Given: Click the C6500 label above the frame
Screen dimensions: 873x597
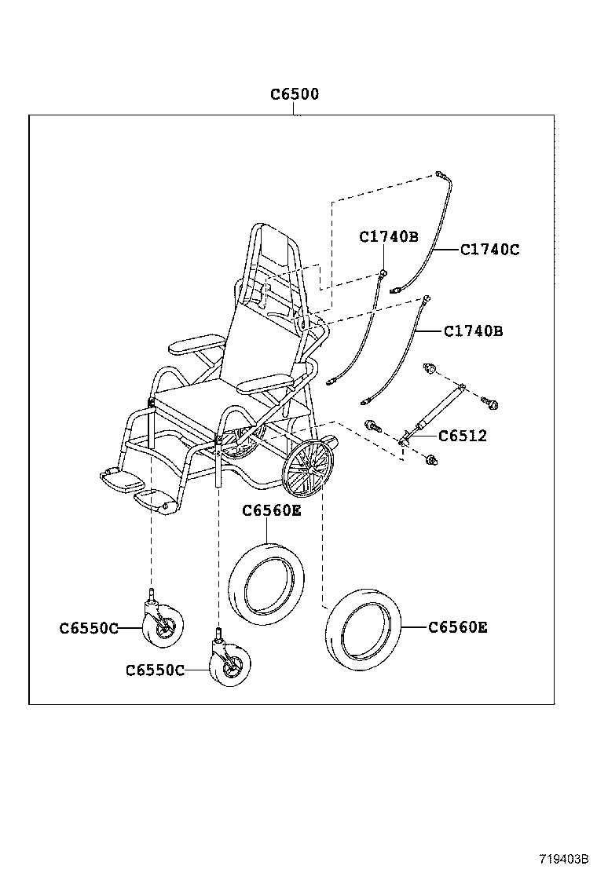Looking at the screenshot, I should (295, 94).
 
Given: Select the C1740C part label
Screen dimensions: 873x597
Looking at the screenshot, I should (489, 250).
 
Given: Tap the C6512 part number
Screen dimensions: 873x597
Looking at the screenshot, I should (463, 436).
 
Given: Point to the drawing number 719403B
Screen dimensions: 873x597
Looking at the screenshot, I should (563, 858).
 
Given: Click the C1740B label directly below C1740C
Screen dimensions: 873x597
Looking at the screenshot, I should (473, 331).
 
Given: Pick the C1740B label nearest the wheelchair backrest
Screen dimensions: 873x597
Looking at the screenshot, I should (389, 236).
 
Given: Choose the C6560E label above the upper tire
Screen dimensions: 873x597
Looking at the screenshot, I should (271, 511).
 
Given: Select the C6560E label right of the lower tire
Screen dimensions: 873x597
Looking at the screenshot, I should (458, 627).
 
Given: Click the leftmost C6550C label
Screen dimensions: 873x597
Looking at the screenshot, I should (89, 628).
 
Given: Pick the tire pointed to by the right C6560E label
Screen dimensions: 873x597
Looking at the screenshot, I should (364, 630).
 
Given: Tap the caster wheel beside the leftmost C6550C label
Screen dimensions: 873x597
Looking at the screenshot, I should (163, 626).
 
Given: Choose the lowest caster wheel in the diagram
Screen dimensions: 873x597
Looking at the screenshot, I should (230, 665).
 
